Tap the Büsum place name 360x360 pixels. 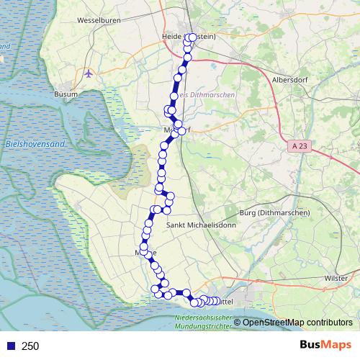[x=66, y=94]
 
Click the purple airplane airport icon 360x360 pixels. [x=89, y=73]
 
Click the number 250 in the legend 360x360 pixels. [x=31, y=346]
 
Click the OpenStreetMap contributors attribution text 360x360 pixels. [x=297, y=322]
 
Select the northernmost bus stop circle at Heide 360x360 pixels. [x=192, y=37]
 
